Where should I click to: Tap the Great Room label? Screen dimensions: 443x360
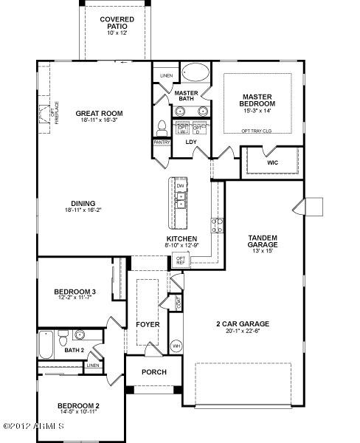point(99,114)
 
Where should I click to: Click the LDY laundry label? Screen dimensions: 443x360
point(191,142)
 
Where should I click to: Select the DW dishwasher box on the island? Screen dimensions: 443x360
point(179,186)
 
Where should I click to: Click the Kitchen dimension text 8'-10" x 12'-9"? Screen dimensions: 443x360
point(181,246)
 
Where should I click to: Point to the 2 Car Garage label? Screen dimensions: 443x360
point(242,323)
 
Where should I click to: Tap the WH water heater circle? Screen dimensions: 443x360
point(176,345)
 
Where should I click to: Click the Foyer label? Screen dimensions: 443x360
point(148,323)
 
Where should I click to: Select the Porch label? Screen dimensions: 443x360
point(153,371)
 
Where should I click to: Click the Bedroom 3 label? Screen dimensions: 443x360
point(75,292)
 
